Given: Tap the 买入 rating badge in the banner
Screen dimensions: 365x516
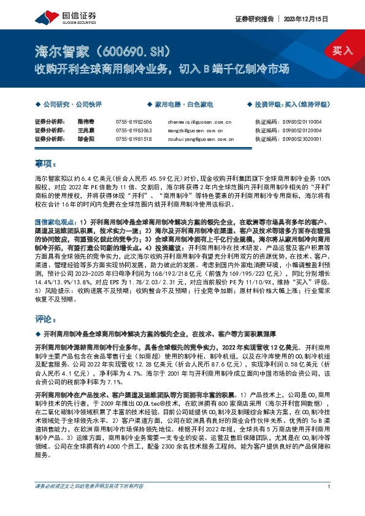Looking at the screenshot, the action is point(342,50).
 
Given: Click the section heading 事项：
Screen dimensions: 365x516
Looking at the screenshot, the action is point(45,164).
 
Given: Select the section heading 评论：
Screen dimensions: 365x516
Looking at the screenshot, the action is point(45,319).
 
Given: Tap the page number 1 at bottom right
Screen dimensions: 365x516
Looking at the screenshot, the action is point(329,503).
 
